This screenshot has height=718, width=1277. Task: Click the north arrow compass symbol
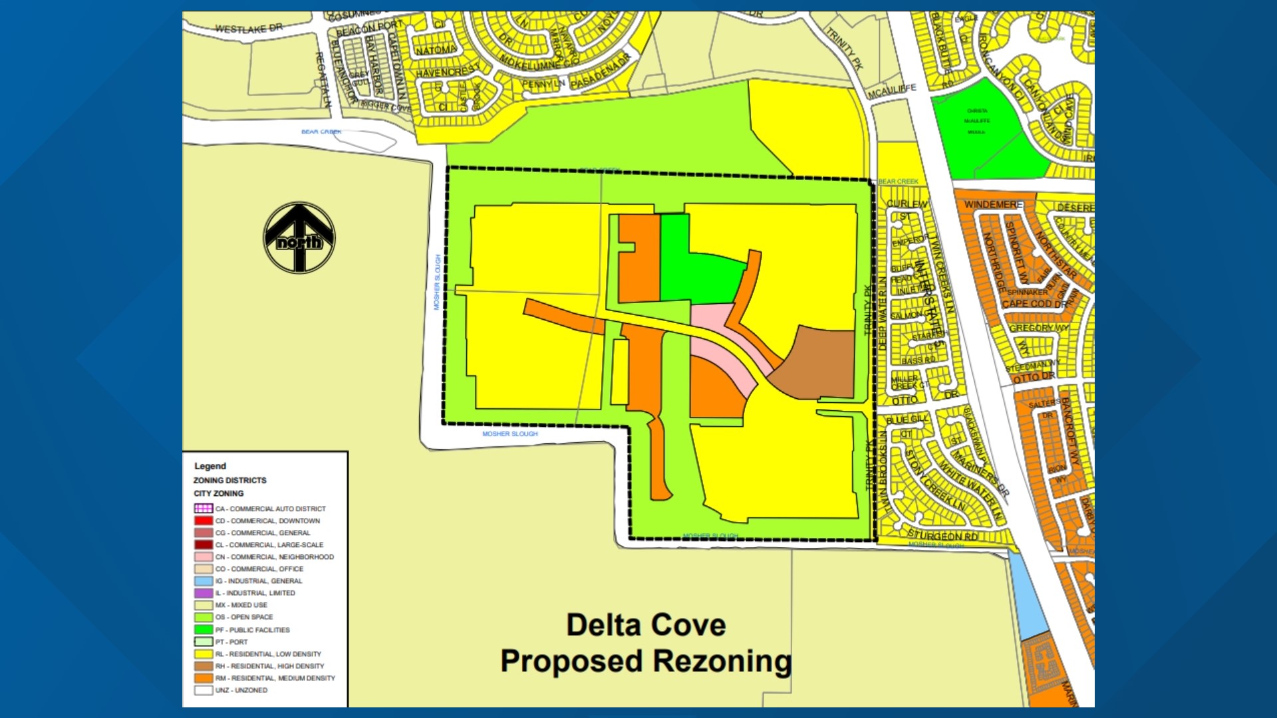pyautogui.click(x=299, y=237)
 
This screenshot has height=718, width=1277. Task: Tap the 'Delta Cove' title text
pyautogui.click(x=646, y=625)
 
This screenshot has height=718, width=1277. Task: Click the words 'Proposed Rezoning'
pyautogui.click(x=646, y=661)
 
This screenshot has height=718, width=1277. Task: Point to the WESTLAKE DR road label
pyautogui.click(x=249, y=29)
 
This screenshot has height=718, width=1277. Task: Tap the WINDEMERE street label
pyautogui.click(x=993, y=204)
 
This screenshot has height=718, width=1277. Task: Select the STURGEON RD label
pyautogui.click(x=942, y=536)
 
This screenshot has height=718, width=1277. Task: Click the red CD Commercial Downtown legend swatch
pyautogui.click(x=204, y=521)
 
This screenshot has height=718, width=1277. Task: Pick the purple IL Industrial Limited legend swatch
pyautogui.click(x=204, y=593)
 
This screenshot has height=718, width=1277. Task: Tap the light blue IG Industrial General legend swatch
pyautogui.click(x=204, y=581)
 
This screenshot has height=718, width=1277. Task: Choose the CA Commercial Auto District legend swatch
pyautogui.click(x=204, y=509)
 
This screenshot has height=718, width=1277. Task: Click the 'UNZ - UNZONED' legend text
pyautogui.click(x=241, y=690)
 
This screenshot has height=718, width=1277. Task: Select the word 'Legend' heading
pyautogui.click(x=210, y=466)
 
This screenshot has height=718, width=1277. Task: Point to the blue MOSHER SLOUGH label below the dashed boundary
pyautogui.click(x=510, y=433)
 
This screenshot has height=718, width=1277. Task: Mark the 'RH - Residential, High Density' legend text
pyautogui.click(x=269, y=666)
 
